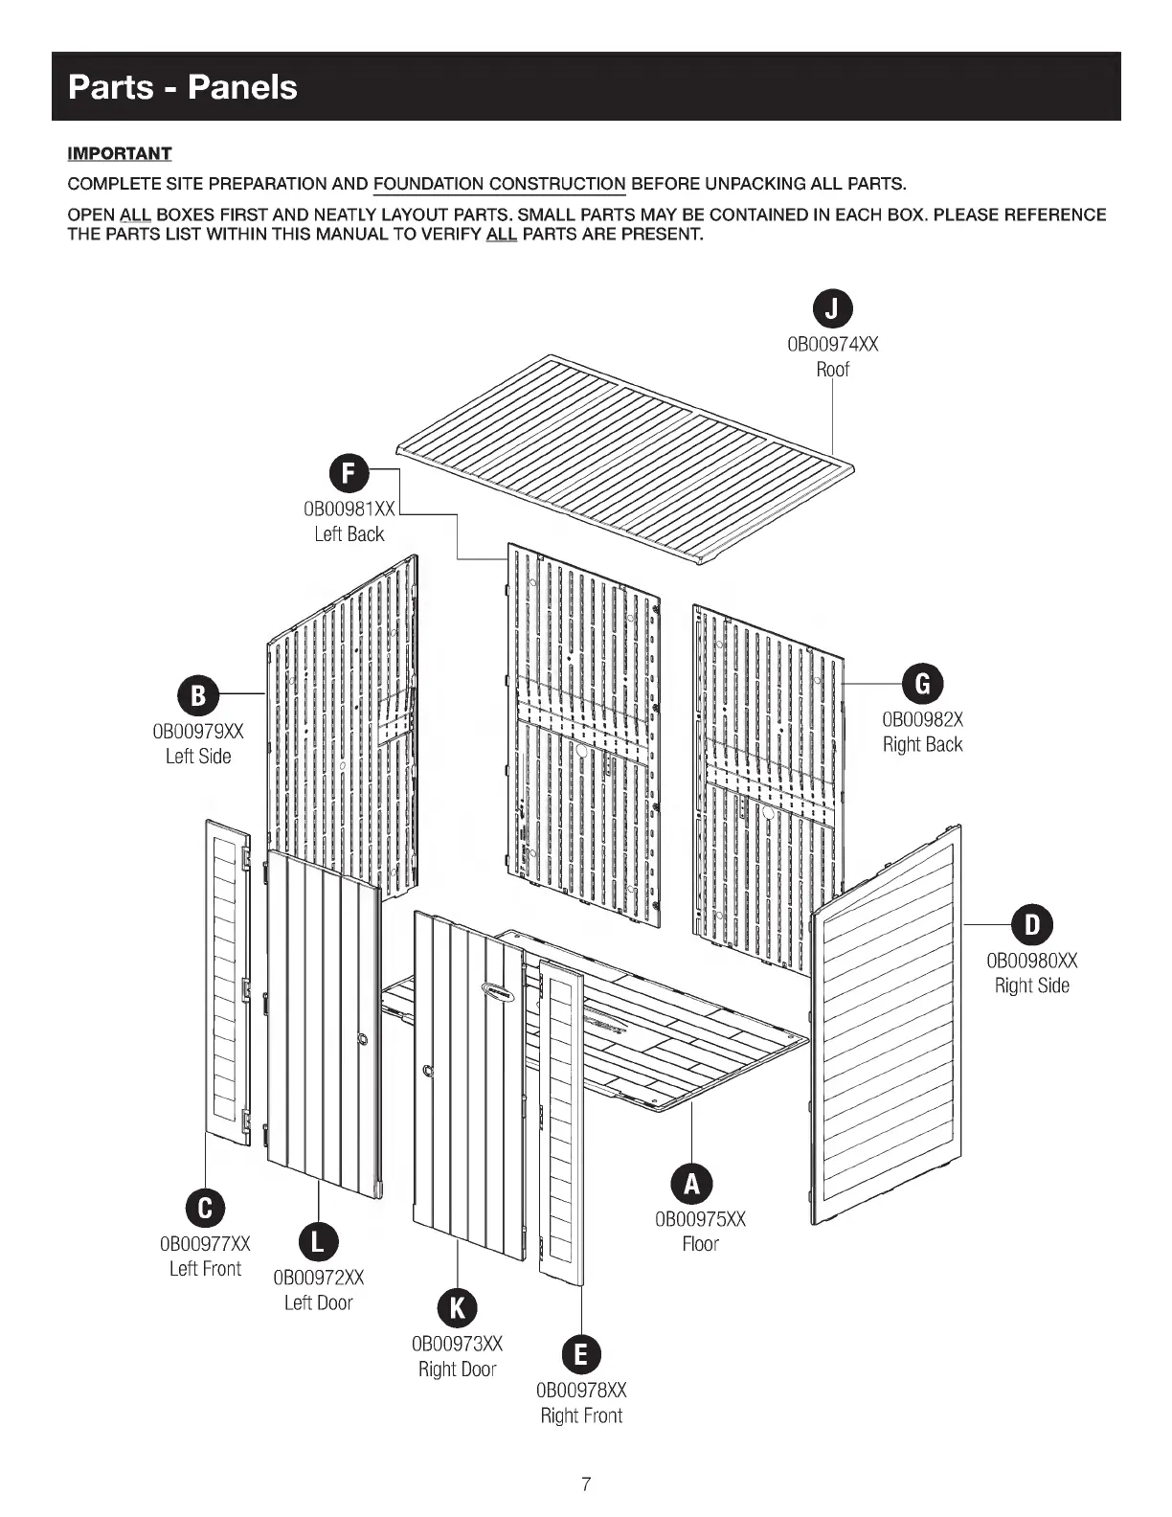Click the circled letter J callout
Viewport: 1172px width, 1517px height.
833,308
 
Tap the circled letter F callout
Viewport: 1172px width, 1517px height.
349,474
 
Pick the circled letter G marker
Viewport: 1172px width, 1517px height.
923,683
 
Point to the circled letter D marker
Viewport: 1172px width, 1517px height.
1032,924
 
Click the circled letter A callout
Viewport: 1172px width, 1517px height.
691,1184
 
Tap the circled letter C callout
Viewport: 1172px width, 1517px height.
205,1208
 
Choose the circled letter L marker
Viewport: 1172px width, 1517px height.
319,1242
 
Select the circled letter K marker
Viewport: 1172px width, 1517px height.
458,1308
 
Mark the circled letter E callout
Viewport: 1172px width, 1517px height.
581,1354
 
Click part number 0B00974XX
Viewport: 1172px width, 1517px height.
832,344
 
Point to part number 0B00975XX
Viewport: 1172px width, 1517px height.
700,1219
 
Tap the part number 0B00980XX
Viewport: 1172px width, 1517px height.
1032,961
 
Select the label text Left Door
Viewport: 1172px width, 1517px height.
319,1302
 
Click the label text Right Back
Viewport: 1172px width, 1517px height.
923,744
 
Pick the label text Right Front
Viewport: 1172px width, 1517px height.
581,1415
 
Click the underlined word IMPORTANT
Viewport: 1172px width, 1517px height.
120,154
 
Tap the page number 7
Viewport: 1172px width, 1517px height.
586,1485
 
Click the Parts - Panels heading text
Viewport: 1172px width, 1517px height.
183,87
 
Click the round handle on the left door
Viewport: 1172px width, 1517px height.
363,1039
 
